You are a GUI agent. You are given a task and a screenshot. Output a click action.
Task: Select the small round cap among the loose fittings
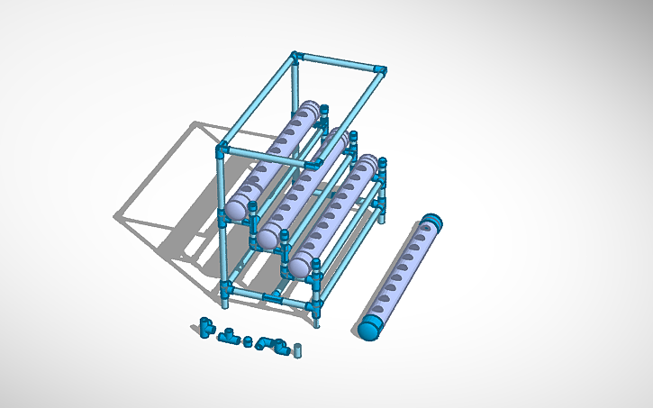click(248, 340)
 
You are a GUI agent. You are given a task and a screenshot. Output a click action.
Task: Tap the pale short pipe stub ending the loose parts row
click(299, 349)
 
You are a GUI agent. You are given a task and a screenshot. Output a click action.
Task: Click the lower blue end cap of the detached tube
click(369, 327)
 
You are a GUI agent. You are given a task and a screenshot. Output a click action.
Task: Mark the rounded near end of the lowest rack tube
click(300, 265)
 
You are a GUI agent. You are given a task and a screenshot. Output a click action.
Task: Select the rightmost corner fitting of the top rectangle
click(382, 70)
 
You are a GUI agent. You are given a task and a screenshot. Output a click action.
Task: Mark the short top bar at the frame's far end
click(340, 62)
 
